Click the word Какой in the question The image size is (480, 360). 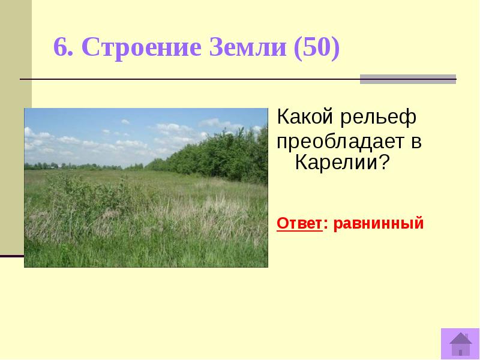tap(304, 117)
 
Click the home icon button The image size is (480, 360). tap(460, 344)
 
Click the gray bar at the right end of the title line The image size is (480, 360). tap(407, 79)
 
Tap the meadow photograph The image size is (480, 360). tap(146, 204)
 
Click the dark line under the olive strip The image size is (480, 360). tap(12, 256)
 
